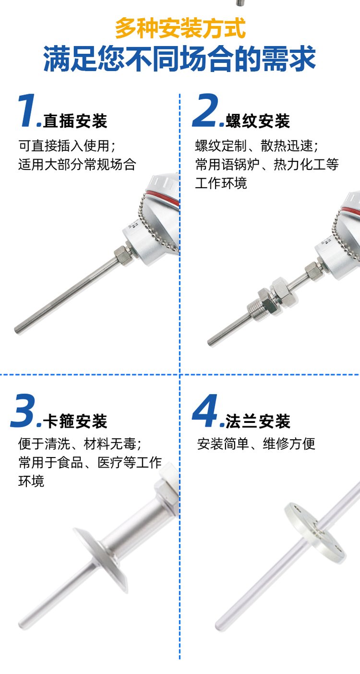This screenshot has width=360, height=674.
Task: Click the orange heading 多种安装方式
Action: pos(180,28)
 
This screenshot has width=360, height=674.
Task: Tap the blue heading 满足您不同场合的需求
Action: pos(180,59)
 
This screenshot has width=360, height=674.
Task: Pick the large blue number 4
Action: pos(205,411)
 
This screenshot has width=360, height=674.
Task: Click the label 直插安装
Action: pos(75,121)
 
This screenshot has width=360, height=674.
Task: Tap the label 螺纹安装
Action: pos(258,121)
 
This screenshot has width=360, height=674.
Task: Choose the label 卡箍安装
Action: pos(75,421)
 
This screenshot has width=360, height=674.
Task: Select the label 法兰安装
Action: pos(258,421)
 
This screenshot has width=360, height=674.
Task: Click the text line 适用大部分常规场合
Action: pos(77,165)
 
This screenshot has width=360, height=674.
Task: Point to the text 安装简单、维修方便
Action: pos(256,444)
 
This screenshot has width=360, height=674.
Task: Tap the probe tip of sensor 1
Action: pos(17,330)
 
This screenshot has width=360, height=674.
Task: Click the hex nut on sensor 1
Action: pos(121,254)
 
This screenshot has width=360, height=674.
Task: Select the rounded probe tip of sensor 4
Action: pos(219,626)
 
